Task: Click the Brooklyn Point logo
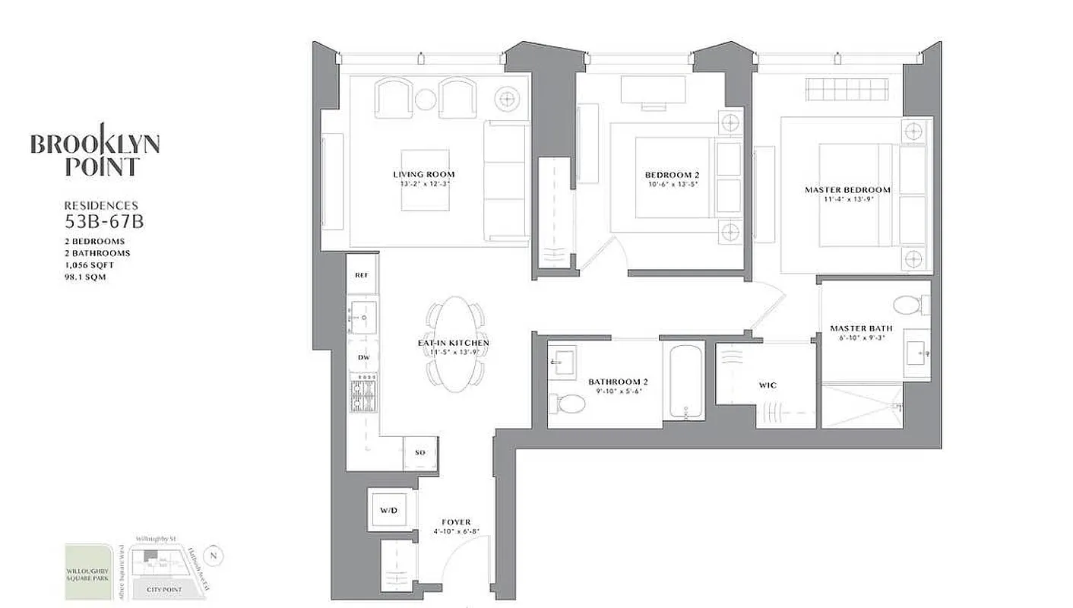[95, 155]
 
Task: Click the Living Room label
[429, 174]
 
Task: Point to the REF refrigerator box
[362, 276]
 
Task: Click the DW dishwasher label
[363, 356]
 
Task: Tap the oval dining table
[454, 344]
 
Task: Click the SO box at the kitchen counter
[420, 453]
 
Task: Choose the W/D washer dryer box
[389, 510]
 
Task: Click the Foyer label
[456, 522]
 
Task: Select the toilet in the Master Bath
[909, 306]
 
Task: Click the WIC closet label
[768, 385]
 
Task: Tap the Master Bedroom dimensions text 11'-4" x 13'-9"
[848, 200]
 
